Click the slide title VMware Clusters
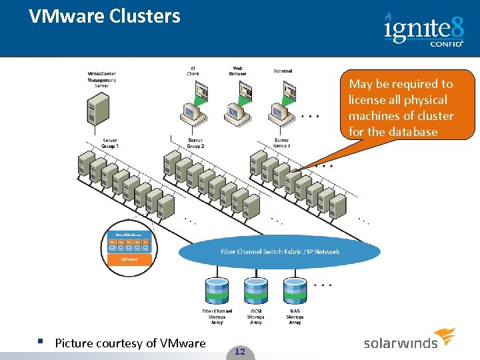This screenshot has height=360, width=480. click(105, 16)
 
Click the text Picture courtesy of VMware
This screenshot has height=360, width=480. click(130, 343)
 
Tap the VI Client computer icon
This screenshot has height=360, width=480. click(194, 107)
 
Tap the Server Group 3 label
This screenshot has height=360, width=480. click(281, 143)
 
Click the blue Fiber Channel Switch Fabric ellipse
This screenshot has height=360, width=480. click(280, 252)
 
